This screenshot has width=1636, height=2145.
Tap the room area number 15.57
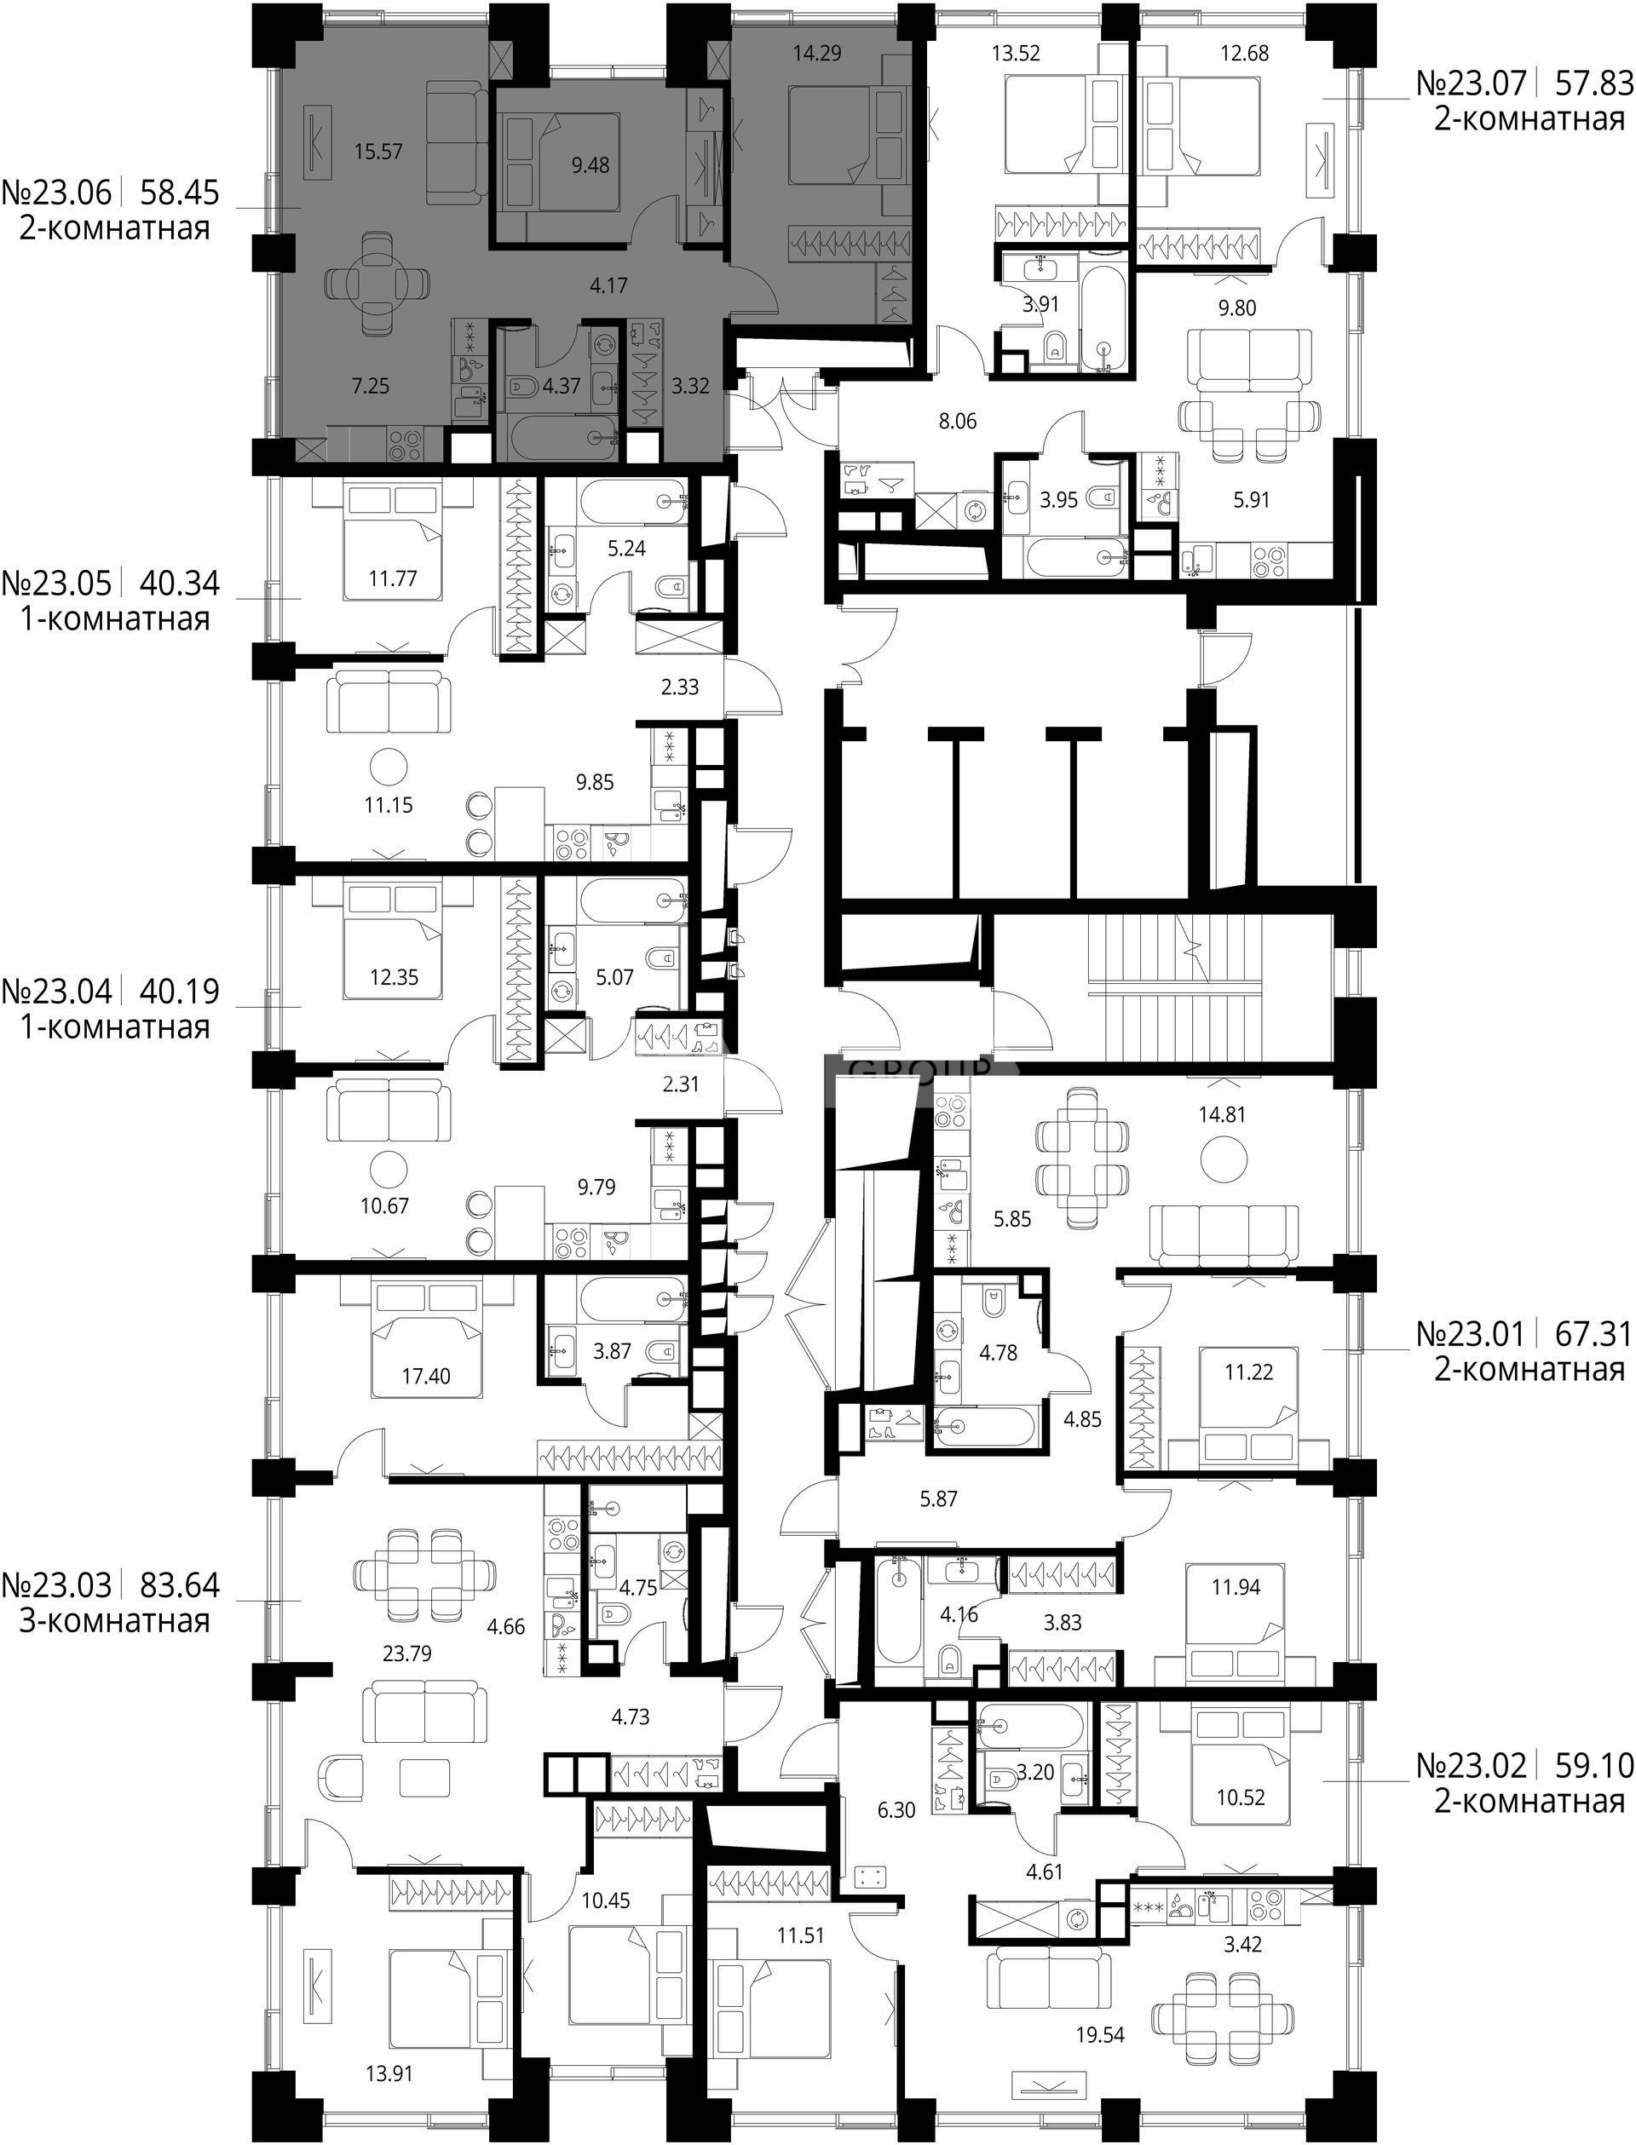click(x=379, y=151)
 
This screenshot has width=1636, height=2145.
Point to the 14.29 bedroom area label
click(x=817, y=53)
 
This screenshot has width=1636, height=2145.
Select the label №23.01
click(x=1471, y=1334)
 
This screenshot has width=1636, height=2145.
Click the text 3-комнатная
click(x=115, y=1621)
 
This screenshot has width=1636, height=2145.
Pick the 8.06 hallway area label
click(x=957, y=421)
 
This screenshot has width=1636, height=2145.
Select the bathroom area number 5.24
click(x=627, y=549)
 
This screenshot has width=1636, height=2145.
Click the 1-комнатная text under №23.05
click(x=115, y=619)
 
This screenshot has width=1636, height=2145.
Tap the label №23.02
click(x=1471, y=1765)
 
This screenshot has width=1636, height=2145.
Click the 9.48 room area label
click(x=590, y=165)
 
